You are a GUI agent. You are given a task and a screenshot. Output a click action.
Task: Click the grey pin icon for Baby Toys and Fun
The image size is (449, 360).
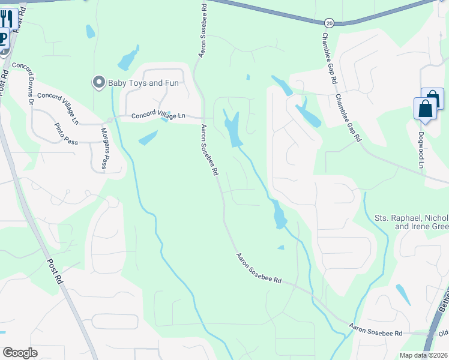pos(98,82)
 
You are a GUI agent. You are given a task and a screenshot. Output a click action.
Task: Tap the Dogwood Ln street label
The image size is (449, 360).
pos(421,150)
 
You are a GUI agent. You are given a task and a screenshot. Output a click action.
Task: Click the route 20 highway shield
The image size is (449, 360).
pos(329,22)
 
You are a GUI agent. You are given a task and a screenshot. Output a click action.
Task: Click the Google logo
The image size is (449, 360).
pos(20,353)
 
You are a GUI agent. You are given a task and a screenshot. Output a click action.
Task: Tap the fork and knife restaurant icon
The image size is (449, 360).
pos(7,19)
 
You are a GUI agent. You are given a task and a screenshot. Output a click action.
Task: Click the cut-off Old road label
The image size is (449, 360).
pos(443,334)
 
